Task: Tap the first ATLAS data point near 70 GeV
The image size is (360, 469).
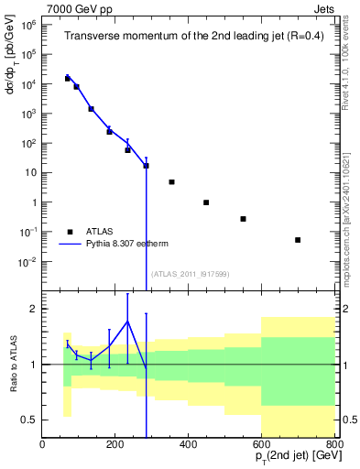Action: tap(67, 79)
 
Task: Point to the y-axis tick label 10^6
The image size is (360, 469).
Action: tap(27, 26)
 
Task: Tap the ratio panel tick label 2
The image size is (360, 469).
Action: tap(33, 309)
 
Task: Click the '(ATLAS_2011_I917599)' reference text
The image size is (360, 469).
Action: tap(189, 274)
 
